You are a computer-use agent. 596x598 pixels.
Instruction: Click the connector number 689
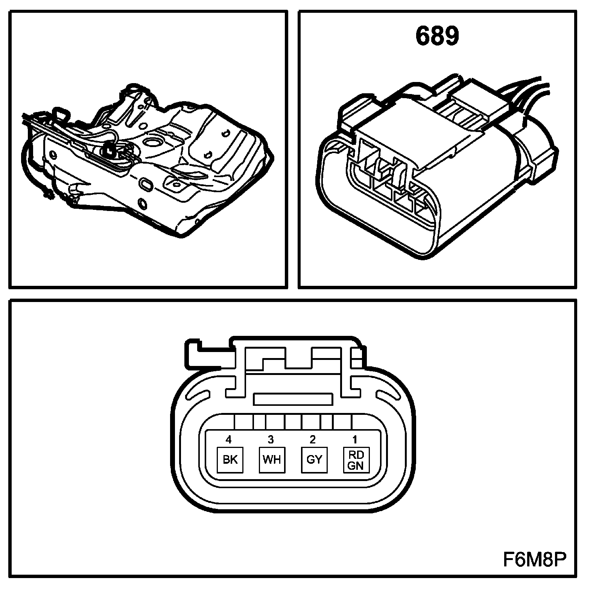[437, 37]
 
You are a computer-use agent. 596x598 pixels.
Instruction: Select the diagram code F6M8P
[534, 559]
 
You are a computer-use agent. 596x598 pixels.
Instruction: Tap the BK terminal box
[230, 460]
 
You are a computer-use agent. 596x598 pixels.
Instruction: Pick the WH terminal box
[272, 460]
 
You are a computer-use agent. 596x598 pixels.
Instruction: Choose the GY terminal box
[314, 460]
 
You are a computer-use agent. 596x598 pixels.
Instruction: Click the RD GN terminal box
[356, 460]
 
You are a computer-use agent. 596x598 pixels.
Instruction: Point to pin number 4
[228, 439]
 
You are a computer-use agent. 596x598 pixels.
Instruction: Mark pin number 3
[271, 439]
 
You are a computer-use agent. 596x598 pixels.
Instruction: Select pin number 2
[313, 439]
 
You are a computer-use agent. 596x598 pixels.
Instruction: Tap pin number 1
[354, 439]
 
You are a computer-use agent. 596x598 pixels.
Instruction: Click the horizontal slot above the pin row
[293, 399]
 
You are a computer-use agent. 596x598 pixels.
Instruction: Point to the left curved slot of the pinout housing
[198, 395]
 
